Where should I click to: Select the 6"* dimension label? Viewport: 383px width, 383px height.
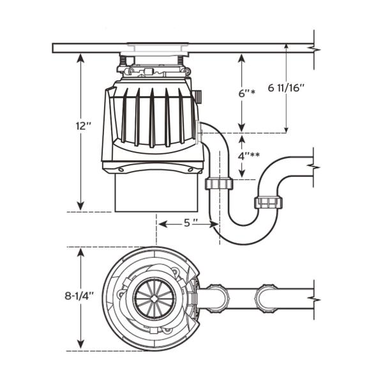click(x=246, y=93)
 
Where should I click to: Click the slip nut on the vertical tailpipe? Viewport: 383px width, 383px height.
click(x=218, y=184)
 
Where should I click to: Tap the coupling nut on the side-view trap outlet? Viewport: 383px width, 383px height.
click(x=268, y=203)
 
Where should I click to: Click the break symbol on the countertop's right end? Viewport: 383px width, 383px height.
click(x=313, y=49)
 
